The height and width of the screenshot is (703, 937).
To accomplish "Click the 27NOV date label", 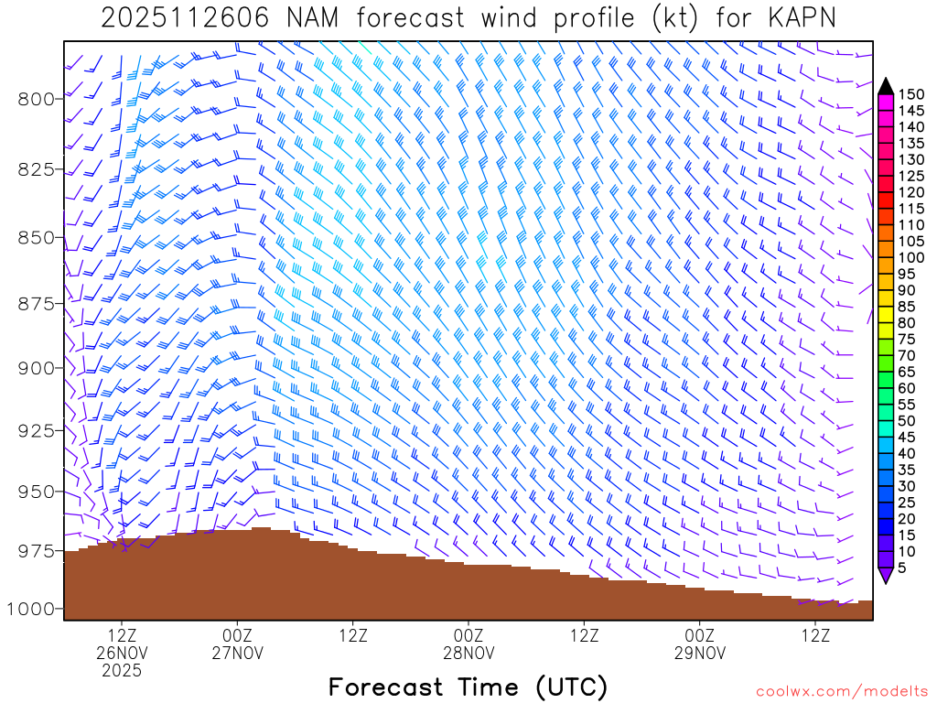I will click(237, 653).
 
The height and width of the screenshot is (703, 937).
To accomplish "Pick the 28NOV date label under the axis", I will click(468, 653).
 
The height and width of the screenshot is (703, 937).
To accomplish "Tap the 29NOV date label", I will click(700, 653).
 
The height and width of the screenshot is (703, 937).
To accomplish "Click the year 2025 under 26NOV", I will click(122, 671).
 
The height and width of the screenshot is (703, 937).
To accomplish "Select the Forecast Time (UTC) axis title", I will click(468, 687).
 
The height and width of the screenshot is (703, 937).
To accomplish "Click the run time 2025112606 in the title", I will click(185, 18).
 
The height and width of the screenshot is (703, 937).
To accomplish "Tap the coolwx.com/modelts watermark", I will click(842, 691).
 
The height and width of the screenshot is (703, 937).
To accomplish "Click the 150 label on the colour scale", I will click(911, 94).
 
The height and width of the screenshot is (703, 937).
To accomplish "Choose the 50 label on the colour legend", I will click(907, 421).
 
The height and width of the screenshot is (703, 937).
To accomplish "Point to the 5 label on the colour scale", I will click(902, 568).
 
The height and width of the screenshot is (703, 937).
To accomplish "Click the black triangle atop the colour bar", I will click(885, 86).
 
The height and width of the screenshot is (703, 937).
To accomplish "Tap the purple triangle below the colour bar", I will click(885, 576).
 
